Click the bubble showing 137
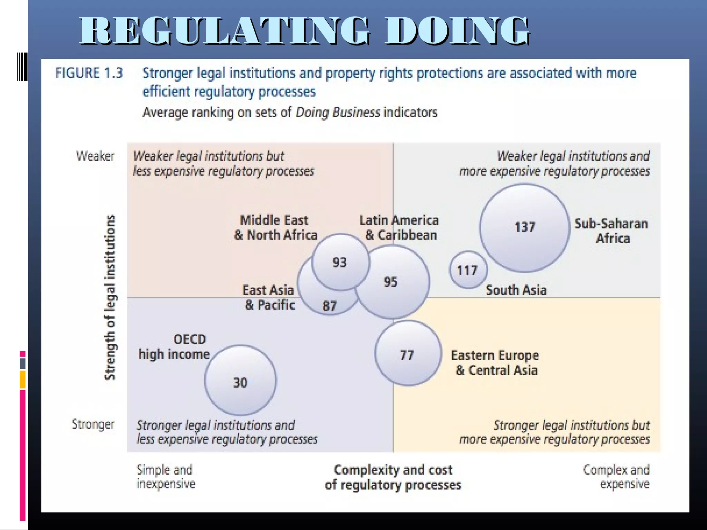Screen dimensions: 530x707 [524, 228]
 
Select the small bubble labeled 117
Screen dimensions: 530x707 [468, 270]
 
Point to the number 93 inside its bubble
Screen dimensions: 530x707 [339, 263]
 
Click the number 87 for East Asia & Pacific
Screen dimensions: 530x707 [329, 306]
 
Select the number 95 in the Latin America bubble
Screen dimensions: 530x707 [391, 282]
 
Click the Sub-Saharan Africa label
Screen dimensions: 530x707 [611, 231]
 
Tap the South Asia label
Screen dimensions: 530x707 [516, 290]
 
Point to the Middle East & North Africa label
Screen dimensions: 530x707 [275, 228]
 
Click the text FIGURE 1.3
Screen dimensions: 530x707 [89, 73]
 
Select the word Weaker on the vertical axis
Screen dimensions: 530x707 [95, 156]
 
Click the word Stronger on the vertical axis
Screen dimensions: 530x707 [93, 424]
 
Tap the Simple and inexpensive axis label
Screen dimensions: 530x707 [165, 477]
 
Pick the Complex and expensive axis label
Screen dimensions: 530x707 [616, 477]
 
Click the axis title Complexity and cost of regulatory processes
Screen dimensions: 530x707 [393, 478]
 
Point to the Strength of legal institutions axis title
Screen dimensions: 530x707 [110, 297]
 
